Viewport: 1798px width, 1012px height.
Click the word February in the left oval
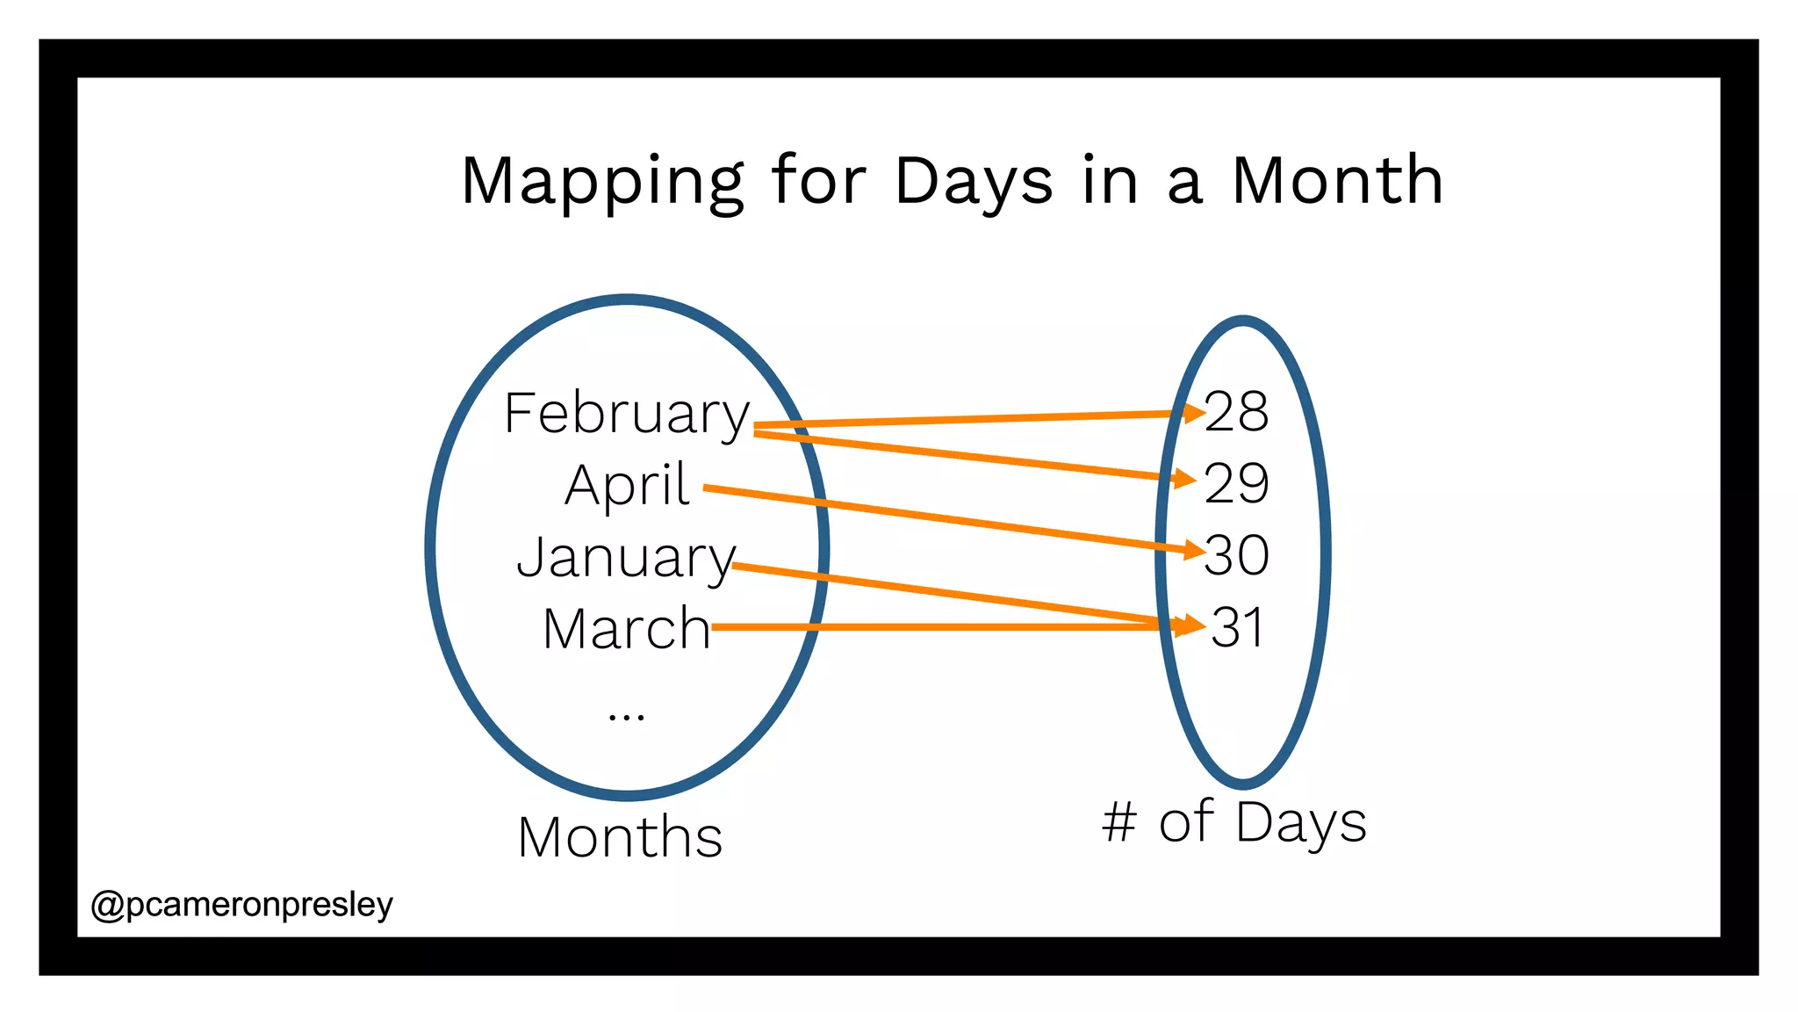tap(626, 413)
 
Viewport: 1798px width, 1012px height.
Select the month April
tap(627, 485)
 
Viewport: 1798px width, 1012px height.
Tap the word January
tap(626, 558)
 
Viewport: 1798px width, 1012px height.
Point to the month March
tap(626, 629)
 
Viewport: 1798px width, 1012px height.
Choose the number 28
tap(1236, 411)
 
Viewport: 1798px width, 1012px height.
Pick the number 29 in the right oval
tap(1236, 483)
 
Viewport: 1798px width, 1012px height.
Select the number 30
tap(1236, 555)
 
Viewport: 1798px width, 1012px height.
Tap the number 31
tap(1237, 627)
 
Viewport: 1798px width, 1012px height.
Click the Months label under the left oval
tap(620, 836)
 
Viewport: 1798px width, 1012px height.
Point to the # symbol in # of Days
tap(1119, 823)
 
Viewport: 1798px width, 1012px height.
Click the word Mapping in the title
tap(602, 181)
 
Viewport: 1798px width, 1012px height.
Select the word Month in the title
tap(1337, 181)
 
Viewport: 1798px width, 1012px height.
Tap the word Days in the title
tap(973, 181)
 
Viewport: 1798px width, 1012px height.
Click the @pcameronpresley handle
tap(241, 904)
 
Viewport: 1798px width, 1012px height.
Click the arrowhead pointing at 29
tap(1186, 479)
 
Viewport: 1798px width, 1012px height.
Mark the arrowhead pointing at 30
tap(1194, 551)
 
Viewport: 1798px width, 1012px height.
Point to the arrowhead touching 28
tap(1194, 412)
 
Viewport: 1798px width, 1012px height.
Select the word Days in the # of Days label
tap(1302, 823)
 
